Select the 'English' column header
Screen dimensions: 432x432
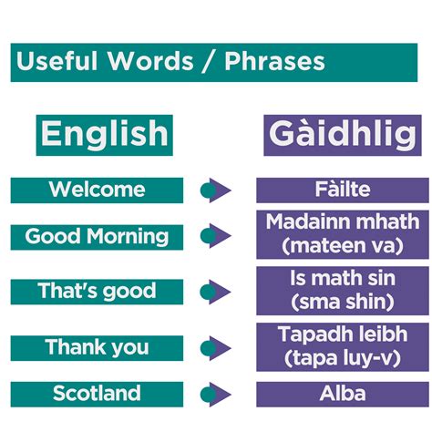(105, 134)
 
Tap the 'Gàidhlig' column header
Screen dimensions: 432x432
(343, 134)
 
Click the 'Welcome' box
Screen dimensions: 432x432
(97, 190)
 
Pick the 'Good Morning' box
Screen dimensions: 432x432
(97, 237)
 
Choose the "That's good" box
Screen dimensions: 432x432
(97, 292)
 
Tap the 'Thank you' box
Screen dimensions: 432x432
(97, 347)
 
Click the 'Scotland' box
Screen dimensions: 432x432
(97, 394)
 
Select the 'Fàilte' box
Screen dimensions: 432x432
(343, 190)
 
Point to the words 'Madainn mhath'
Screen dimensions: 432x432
(343, 221)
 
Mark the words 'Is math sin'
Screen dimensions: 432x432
(343, 278)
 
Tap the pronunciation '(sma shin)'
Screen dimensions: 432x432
(343, 302)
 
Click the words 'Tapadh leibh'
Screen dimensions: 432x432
(343, 334)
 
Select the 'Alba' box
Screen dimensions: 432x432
(343, 394)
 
